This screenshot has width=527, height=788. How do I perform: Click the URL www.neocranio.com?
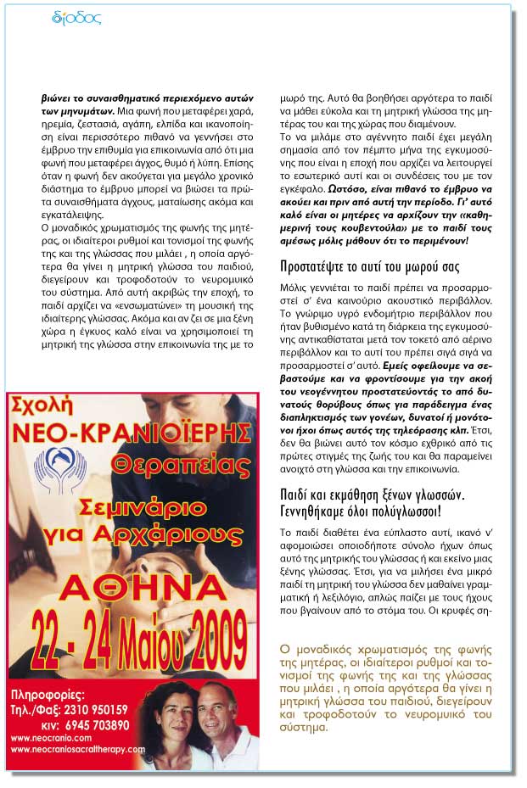click(48, 738)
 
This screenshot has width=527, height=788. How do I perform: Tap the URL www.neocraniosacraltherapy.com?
click(77, 750)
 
